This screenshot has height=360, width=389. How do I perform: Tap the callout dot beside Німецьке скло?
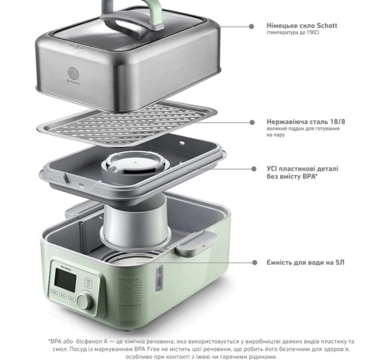(251, 26)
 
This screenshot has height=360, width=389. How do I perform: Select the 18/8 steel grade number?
(338, 122)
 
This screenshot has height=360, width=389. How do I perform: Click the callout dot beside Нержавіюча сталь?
(252, 122)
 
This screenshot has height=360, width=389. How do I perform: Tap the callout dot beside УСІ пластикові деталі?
(253, 169)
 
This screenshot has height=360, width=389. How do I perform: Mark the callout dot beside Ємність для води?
(255, 262)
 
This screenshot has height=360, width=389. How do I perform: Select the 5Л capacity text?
(340, 262)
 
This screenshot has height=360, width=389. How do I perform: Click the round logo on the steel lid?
(73, 73)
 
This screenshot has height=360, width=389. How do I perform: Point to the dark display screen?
(65, 280)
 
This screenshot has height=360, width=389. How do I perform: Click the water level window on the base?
(159, 278)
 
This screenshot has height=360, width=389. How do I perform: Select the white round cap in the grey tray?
(136, 163)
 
